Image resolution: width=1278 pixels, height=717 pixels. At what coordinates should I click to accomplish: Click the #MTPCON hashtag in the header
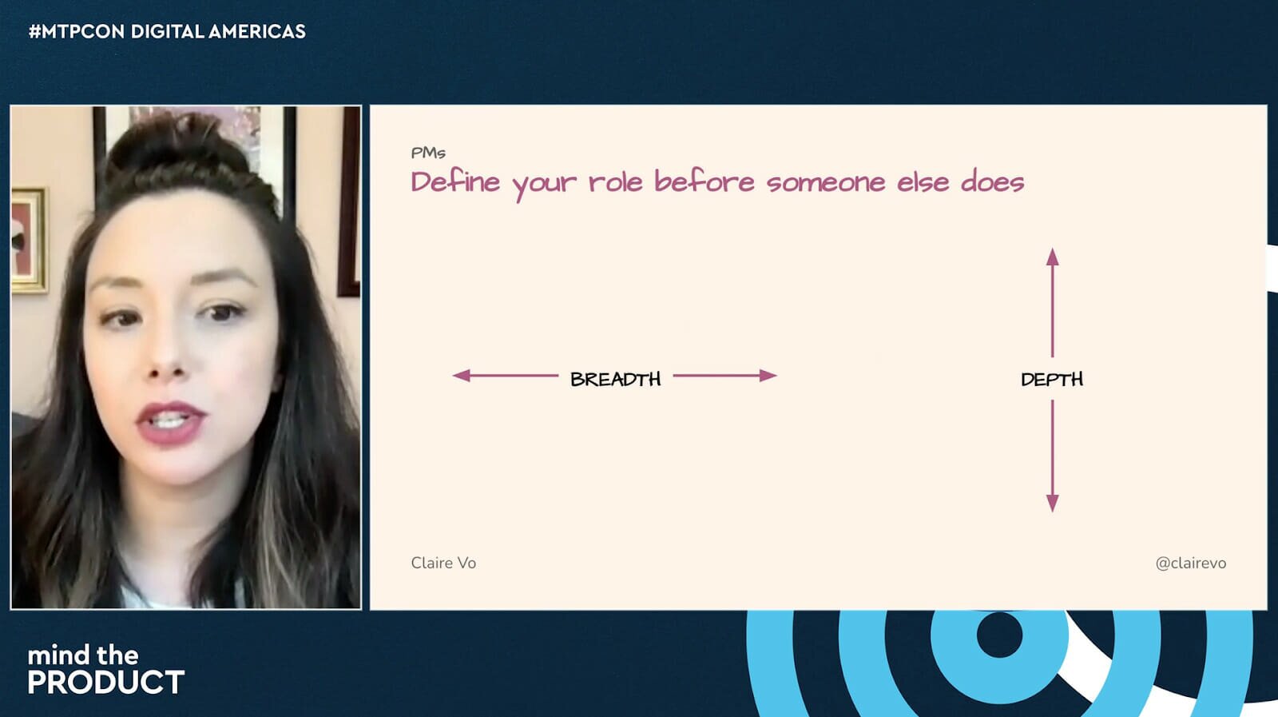coord(77,31)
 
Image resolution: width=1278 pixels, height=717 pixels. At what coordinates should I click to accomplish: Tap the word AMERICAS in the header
coord(256,31)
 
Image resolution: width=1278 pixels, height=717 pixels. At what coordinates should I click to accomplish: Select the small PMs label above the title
coord(428,153)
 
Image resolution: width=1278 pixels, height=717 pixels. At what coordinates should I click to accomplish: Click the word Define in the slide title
coord(455,183)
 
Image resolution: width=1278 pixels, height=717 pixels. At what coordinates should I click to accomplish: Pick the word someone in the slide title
coord(826,183)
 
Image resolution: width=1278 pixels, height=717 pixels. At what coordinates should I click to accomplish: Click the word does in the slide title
coord(993,183)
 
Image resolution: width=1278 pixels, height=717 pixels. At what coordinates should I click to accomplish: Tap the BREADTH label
coord(616,379)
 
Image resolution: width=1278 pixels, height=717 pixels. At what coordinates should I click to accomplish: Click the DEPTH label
coord(1052,379)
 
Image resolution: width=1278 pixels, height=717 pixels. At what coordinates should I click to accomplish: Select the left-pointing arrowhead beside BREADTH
coord(461,376)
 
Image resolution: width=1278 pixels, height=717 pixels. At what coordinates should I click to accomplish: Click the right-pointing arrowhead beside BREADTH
coord(768,376)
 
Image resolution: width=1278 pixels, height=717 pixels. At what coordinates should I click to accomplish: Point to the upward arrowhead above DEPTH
coord(1053,257)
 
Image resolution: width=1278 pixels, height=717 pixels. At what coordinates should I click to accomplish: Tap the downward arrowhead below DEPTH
coord(1053,503)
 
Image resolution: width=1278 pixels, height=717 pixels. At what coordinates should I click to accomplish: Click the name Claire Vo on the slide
coord(443,563)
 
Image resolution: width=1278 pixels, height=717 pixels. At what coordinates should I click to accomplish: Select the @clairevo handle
coord(1191,564)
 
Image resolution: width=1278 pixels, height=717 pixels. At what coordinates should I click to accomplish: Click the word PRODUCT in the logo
coord(106,683)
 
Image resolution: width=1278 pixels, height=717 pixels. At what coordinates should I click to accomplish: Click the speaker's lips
coord(170,422)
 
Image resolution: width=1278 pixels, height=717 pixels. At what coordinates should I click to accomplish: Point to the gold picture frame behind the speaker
coord(29,241)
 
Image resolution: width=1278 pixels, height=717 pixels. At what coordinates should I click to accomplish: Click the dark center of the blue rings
coord(999,634)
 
